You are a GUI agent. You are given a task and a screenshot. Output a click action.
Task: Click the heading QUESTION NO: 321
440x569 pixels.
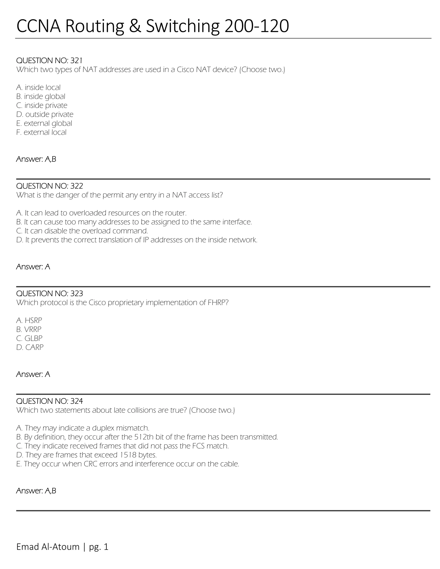click(x=49, y=61)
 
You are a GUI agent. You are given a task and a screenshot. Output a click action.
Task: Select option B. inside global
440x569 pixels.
click(x=41, y=96)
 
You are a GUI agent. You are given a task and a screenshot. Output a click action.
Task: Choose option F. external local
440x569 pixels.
click(x=41, y=132)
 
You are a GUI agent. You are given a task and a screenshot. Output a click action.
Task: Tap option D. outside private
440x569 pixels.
click(x=44, y=114)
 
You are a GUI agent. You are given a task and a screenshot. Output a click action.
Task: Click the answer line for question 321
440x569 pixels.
click(x=36, y=159)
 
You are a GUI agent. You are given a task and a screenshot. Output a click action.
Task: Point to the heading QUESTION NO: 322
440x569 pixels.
click(x=50, y=186)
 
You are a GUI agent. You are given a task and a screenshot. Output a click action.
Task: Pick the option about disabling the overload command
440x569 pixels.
click(x=82, y=231)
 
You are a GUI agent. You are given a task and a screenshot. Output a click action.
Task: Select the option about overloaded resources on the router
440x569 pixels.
click(x=101, y=213)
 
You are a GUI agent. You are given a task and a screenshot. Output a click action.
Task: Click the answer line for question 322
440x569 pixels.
click(x=33, y=266)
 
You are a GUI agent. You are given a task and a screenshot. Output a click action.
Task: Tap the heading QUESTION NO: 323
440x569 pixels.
click(x=50, y=293)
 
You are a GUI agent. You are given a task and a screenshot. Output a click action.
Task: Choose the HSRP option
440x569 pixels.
click(x=29, y=320)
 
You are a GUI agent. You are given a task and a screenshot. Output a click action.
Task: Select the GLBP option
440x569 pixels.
click(x=29, y=338)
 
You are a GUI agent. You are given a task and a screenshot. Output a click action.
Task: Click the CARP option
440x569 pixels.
click(x=30, y=347)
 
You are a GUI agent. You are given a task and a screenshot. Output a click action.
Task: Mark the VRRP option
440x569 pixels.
click(x=29, y=329)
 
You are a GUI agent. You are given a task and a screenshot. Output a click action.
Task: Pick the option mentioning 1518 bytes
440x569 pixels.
click(x=86, y=455)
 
